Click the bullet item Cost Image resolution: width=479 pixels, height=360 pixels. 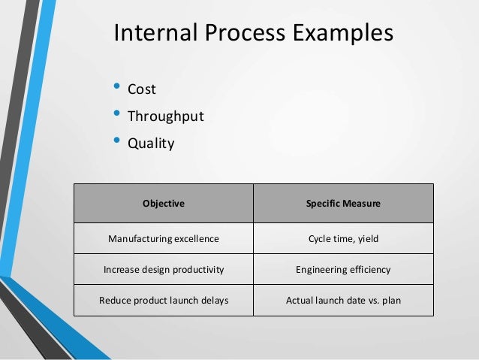click(141, 89)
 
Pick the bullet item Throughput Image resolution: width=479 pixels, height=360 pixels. click(165, 116)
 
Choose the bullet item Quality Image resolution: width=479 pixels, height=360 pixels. click(150, 143)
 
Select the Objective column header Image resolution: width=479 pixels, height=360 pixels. click(164, 203)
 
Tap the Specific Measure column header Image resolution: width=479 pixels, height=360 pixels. click(343, 203)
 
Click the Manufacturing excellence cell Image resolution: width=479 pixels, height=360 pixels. click(164, 239)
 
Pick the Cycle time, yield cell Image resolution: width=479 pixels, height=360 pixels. click(343, 239)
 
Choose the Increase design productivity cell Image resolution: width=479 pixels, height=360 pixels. click(164, 270)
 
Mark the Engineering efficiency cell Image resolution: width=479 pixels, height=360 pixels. click(343, 270)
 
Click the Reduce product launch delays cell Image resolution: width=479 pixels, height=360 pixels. click(164, 301)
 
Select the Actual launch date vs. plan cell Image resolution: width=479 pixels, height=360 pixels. click(343, 301)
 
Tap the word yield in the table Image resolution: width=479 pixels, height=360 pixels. click(366, 239)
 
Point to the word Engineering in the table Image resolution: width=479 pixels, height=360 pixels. click(322, 270)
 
